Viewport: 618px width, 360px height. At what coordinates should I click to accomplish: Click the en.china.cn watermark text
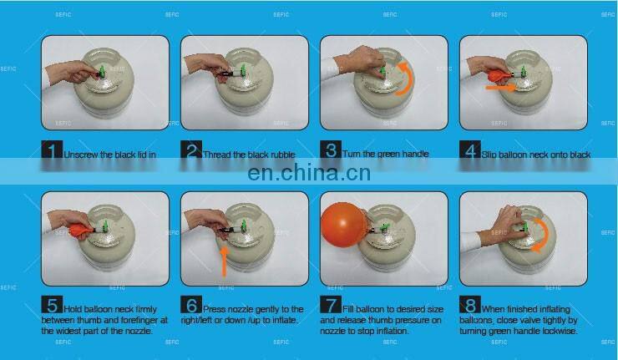(x=309, y=174)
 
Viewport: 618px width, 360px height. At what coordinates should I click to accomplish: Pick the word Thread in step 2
(x=219, y=155)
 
